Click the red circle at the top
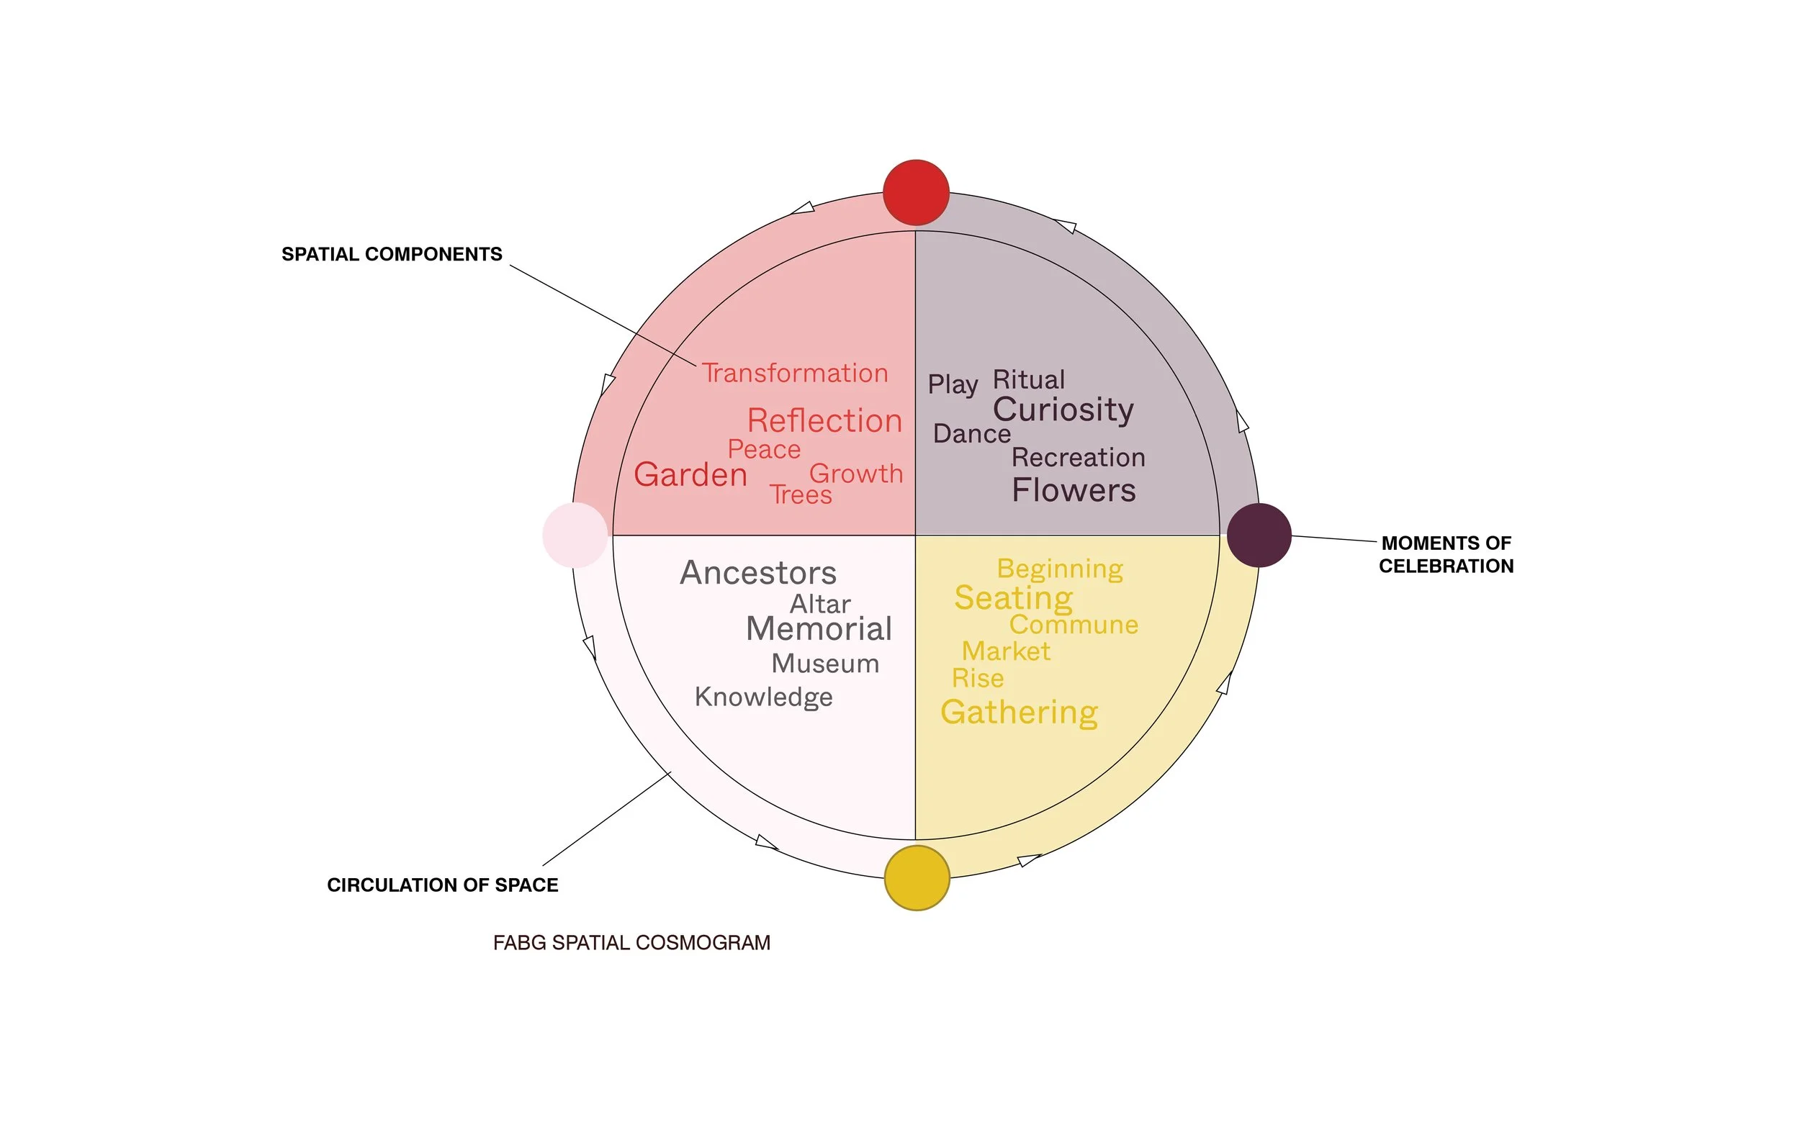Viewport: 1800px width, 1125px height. pyautogui.click(x=916, y=192)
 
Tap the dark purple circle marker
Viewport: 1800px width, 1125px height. pyautogui.click(x=1259, y=535)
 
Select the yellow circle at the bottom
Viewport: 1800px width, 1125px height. pyautogui.click(x=917, y=877)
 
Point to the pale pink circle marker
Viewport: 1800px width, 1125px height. pyautogui.click(x=575, y=535)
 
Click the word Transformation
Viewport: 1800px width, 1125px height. pyautogui.click(x=795, y=373)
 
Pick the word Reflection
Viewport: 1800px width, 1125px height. pyautogui.click(x=824, y=421)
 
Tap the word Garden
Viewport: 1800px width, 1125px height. pyautogui.click(x=690, y=475)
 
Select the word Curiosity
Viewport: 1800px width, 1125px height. pyautogui.click(x=1063, y=410)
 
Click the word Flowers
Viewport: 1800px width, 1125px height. pyautogui.click(x=1074, y=490)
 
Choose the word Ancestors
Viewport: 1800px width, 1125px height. pyautogui.click(x=758, y=573)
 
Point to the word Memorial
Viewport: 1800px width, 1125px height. pyautogui.click(x=819, y=630)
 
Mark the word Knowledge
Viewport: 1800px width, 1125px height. pyautogui.click(x=763, y=697)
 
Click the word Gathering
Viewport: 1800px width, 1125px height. pyautogui.click(x=1019, y=713)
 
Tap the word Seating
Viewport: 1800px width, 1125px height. pyautogui.click(x=1014, y=598)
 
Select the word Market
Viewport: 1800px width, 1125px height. pyautogui.click(x=1006, y=652)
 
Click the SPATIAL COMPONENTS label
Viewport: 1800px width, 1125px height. pyautogui.click(x=392, y=255)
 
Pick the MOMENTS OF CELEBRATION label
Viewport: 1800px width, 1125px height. pyautogui.click(x=1446, y=554)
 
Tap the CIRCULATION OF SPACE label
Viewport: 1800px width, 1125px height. pyautogui.click(x=442, y=885)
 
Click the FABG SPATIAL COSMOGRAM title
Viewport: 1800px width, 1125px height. pyautogui.click(x=631, y=943)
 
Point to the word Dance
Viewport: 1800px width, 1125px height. pyautogui.click(x=972, y=434)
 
